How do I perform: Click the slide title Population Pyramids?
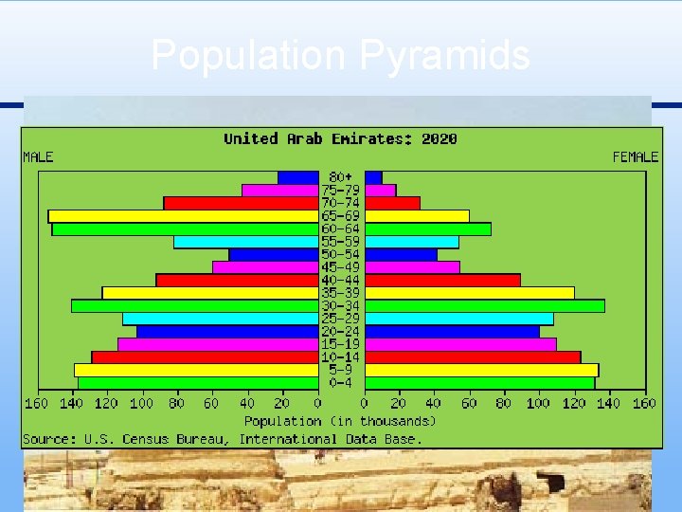point(340,55)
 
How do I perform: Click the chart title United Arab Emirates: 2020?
point(340,138)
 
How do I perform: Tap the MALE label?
point(39,156)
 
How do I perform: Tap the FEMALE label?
point(635,156)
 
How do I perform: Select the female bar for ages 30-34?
point(484,306)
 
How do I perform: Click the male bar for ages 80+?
point(297,177)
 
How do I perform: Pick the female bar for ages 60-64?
point(427,229)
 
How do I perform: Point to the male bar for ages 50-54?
point(273,255)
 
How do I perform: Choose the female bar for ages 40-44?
point(442,281)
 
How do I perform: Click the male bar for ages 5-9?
point(196,370)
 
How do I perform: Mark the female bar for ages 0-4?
point(479,383)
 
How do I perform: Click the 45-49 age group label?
point(341,267)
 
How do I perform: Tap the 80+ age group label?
point(341,177)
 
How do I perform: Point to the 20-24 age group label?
point(341,332)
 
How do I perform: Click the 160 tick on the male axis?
point(36,404)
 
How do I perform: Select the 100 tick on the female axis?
point(539,404)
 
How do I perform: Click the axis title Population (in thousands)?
point(340,420)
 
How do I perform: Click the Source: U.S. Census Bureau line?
point(223,438)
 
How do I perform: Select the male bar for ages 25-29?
point(220,319)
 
